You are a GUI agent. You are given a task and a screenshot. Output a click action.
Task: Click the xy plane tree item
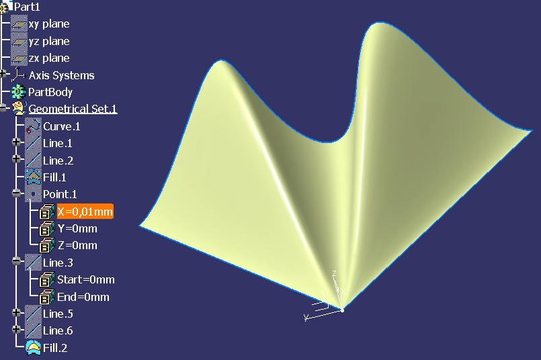49,24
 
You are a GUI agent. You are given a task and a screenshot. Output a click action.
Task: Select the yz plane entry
49,41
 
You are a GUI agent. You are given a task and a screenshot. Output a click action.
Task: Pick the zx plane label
49,58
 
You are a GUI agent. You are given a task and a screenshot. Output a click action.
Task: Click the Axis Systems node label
61,75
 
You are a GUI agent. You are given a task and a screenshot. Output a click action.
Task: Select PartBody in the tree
50,92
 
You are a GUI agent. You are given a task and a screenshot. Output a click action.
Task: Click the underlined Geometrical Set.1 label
73,109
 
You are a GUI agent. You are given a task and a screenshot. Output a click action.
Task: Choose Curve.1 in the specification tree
62,126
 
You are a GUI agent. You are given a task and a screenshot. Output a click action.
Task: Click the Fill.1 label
54,177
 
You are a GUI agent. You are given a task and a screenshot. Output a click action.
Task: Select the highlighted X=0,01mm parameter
85,212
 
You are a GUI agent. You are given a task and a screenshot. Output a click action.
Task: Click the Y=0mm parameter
77,228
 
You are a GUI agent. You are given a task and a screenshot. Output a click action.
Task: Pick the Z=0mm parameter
77,245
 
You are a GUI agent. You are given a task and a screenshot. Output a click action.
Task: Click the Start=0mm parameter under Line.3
86,279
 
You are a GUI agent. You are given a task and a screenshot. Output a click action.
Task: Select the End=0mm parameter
83,297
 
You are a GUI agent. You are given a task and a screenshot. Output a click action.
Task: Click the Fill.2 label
55,348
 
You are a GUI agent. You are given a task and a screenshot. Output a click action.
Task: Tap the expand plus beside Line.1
16,142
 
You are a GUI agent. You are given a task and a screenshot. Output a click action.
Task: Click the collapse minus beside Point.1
16,193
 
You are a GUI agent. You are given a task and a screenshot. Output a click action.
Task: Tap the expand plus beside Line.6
16,329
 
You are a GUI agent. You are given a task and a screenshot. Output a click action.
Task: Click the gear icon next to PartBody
19,92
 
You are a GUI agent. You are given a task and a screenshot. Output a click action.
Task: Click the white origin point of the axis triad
342,310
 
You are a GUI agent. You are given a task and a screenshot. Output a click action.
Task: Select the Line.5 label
58,314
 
